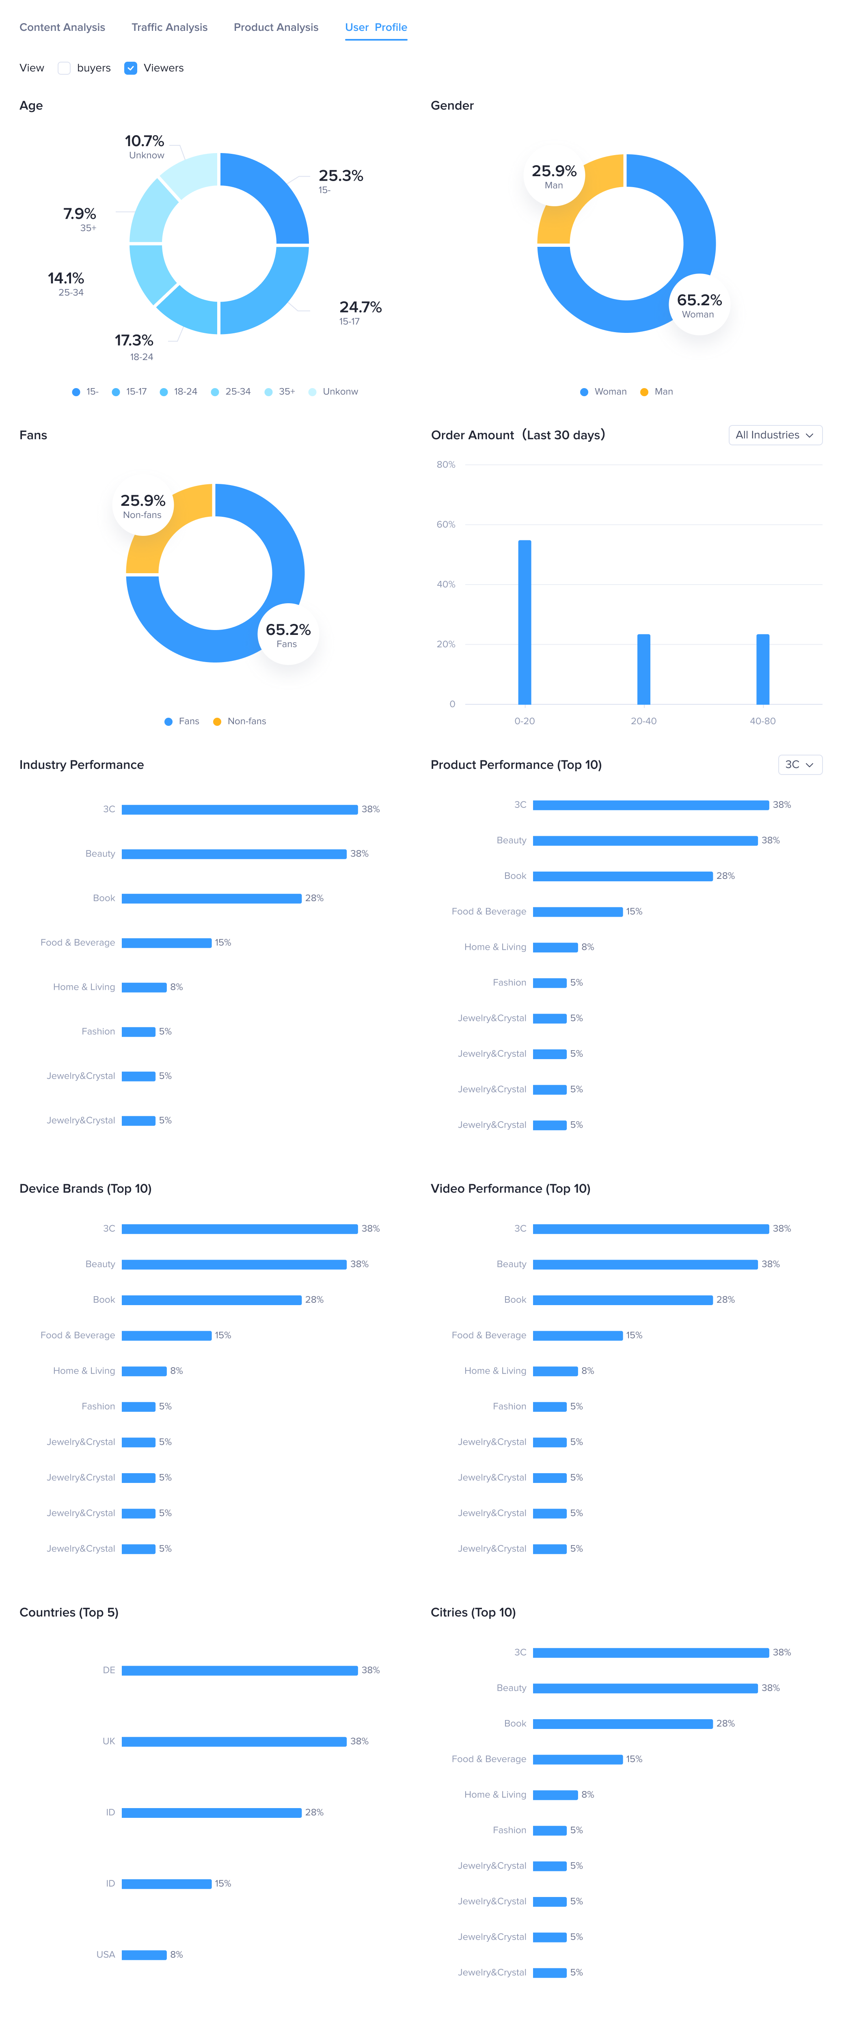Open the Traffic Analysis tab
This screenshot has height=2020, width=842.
pos(169,28)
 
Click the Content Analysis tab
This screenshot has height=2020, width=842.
pos(62,28)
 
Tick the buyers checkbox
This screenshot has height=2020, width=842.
pos(64,68)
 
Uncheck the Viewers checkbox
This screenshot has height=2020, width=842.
pos(131,68)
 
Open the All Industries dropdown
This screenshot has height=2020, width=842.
pos(775,435)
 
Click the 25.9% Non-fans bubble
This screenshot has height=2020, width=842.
pos(142,506)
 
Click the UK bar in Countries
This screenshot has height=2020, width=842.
pos(233,1742)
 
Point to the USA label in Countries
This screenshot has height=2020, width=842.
pos(106,1955)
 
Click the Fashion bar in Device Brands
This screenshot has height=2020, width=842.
pos(138,1407)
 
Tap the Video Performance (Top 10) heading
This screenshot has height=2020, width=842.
pos(510,1189)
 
